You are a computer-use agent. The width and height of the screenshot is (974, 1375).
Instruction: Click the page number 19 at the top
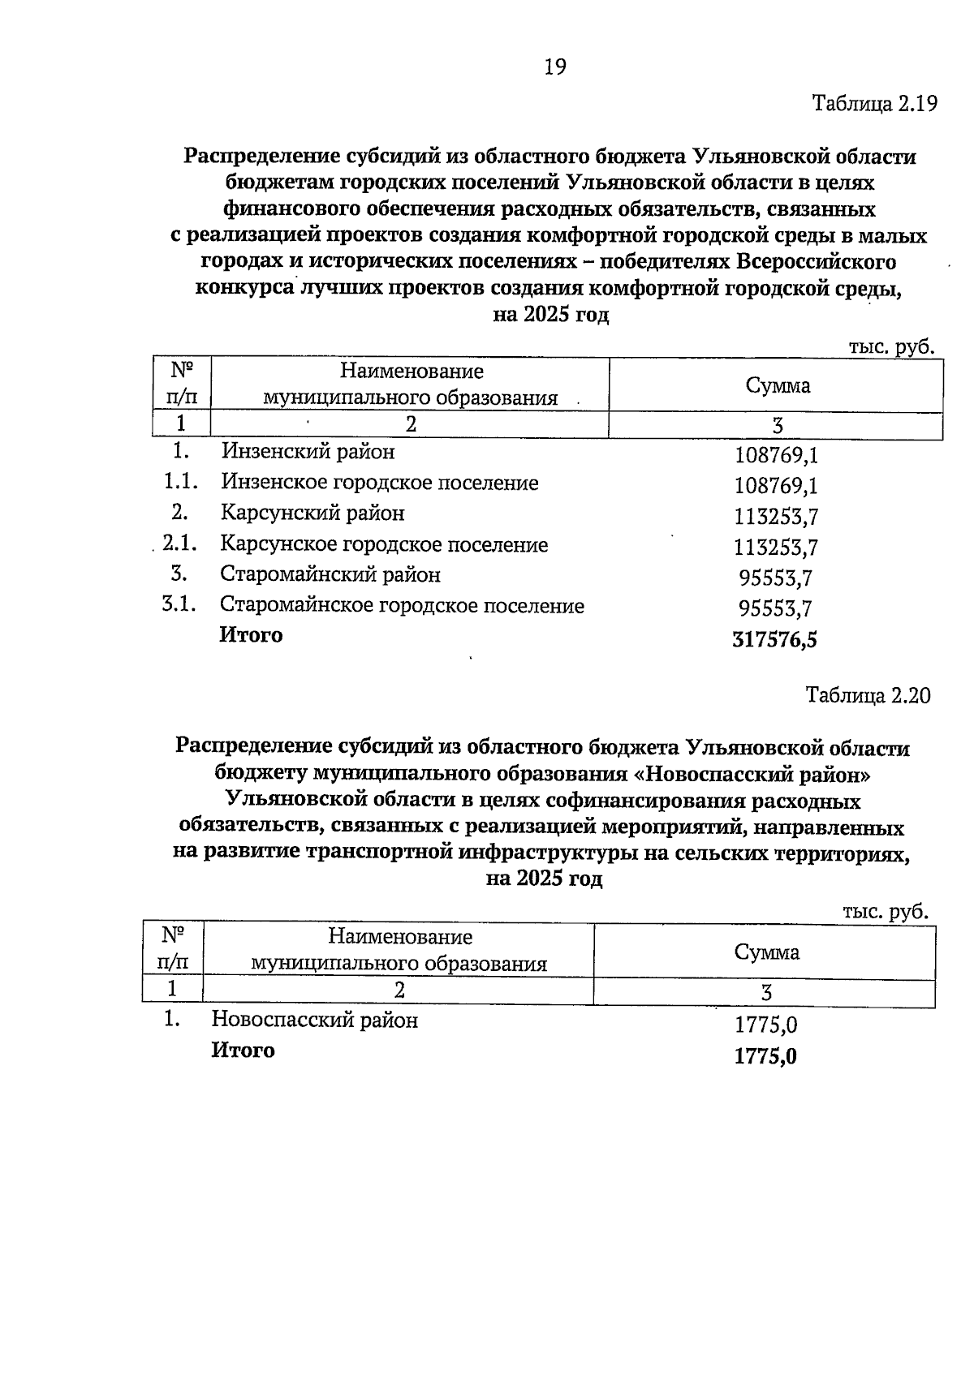click(554, 67)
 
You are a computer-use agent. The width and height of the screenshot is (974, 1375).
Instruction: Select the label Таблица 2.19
click(874, 104)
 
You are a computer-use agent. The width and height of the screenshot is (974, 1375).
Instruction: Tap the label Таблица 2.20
click(868, 695)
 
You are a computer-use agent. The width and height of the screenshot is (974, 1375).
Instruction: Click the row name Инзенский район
click(308, 451)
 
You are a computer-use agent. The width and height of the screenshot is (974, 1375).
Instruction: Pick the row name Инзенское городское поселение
click(379, 483)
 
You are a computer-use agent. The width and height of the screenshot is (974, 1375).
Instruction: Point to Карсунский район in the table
click(312, 513)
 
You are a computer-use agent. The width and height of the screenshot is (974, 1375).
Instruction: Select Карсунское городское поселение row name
click(383, 544)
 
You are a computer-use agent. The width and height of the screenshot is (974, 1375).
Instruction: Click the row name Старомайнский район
click(330, 574)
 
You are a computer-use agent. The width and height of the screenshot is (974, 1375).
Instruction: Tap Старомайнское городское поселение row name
click(402, 606)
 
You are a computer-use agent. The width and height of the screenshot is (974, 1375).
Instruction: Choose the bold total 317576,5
click(774, 640)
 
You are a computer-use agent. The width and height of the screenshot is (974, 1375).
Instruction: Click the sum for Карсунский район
click(775, 517)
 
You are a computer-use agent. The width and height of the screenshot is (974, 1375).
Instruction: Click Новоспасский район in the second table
click(314, 1020)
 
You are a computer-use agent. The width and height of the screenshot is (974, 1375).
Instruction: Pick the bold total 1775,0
click(765, 1056)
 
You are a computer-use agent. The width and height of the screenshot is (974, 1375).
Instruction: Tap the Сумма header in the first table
click(778, 385)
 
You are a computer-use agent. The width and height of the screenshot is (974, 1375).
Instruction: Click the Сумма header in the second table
click(766, 952)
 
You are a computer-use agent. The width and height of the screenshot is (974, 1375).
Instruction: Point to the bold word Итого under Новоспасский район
click(243, 1051)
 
